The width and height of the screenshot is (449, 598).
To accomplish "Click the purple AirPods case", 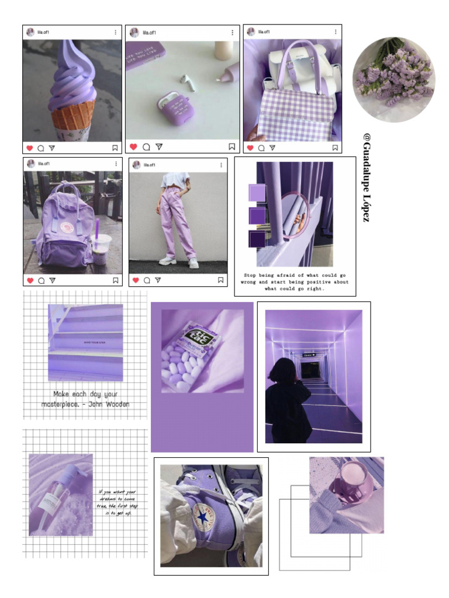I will pos(174,109).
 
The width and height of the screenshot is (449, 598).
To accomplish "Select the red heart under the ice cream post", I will pos(29,148).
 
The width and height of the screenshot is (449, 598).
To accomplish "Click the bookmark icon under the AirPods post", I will pos(232,147).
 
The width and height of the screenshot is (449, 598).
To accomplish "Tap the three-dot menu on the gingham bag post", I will pos(335,32).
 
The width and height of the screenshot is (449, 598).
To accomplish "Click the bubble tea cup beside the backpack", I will pos(101,248).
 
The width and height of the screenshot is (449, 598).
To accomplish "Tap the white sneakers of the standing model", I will pos(179,262).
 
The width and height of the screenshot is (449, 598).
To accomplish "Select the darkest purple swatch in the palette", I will pos(257,239).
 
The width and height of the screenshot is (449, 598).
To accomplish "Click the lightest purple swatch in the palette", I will pos(257,193).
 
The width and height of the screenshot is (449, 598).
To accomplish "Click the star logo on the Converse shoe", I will pos(202,516).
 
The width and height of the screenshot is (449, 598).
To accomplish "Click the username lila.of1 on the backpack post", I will pos(44,164).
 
